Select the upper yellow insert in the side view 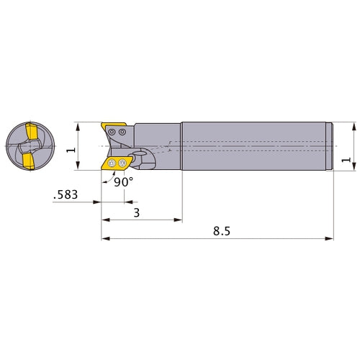pos(109,129)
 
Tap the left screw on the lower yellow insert pos(113,163)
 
